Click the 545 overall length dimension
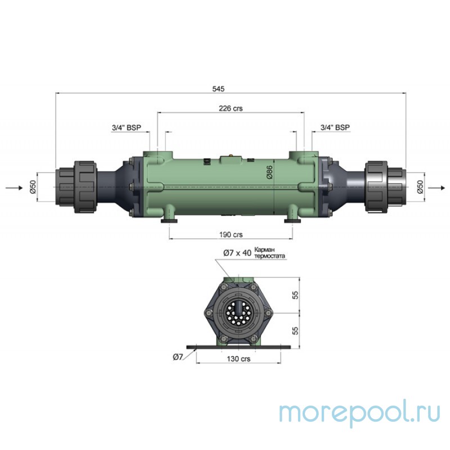point(219,89)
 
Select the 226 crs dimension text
point(231,109)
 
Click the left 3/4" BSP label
point(127,128)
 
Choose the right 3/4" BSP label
point(335,128)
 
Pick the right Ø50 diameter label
point(420,187)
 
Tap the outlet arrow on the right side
point(436,187)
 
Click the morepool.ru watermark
point(360,412)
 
